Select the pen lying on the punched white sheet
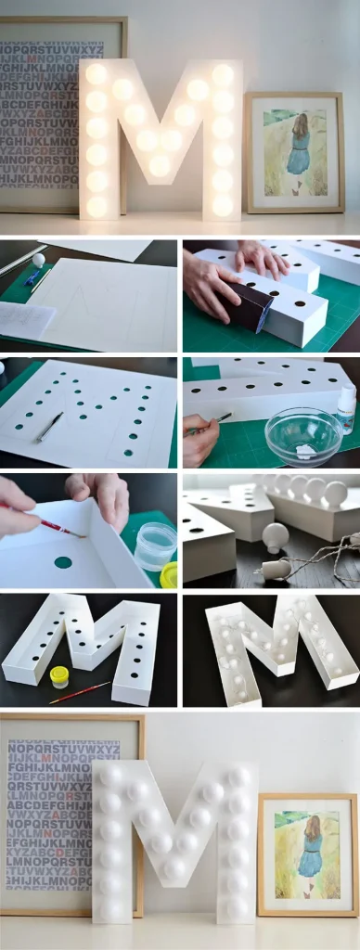[x=50, y=426]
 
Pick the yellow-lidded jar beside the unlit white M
[x=59, y=676]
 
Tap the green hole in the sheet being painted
[x=63, y=561]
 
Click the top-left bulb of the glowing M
[x=96, y=73]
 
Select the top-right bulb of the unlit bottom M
[x=238, y=776]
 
